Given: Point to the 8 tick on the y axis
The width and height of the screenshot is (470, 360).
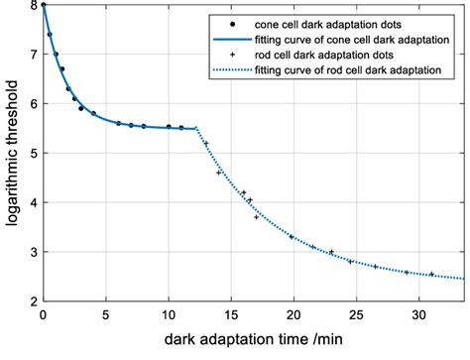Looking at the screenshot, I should click(32, 6).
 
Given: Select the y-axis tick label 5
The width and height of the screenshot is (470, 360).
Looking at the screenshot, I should click(32, 154).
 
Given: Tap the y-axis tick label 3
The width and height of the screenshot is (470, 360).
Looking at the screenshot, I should click(32, 253).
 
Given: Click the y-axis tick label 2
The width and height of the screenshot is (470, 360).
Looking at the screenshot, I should click(32, 301).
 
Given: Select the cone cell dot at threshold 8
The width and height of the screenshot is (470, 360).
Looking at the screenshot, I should click(43, 6).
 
